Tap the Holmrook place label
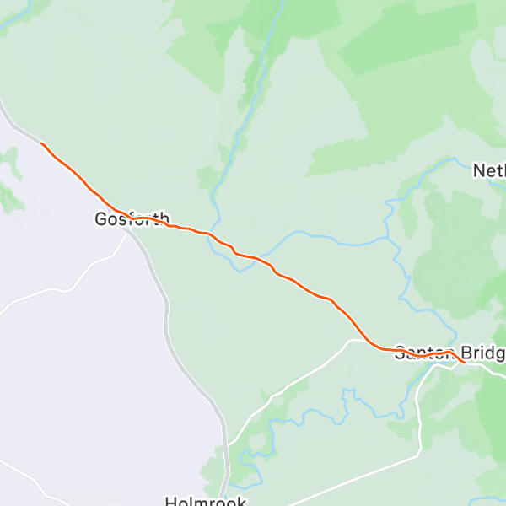tap(205, 501)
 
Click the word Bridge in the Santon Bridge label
tap(482, 353)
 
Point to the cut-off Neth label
tap(489, 171)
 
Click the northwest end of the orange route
tap(41, 143)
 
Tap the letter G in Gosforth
tap(100, 220)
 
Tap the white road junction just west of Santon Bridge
tap(351, 341)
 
